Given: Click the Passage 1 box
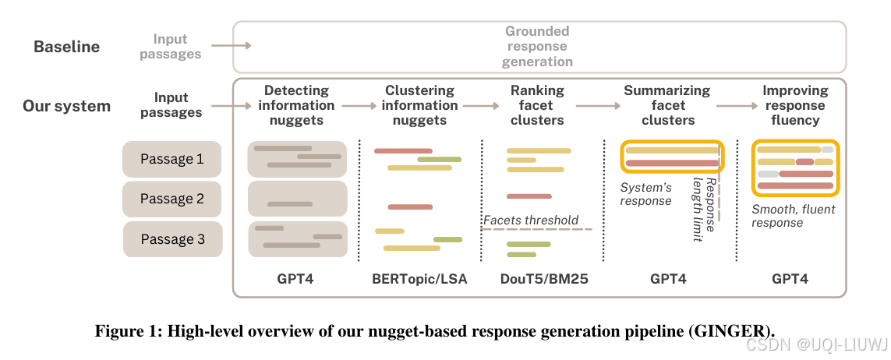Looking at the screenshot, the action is click(171, 159).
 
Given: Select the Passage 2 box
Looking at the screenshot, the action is click(171, 199).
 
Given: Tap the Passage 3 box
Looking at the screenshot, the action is click(173, 239).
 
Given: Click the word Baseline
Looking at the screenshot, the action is click(66, 47).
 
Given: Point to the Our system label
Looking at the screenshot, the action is click(66, 106).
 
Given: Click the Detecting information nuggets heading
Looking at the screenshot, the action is click(297, 105).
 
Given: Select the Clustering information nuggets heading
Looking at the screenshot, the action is click(420, 105).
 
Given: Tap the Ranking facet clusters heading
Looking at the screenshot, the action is click(537, 105).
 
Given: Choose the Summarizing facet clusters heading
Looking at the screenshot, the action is click(667, 105).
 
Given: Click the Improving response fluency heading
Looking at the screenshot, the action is click(796, 105).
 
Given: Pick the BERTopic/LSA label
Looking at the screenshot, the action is click(420, 279).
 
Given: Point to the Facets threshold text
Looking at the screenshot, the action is click(531, 221).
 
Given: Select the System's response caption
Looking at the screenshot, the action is click(645, 194).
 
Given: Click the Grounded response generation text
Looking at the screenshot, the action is click(537, 47).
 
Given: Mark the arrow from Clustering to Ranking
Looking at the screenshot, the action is click(481, 106).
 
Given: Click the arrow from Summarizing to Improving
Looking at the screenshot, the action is click(737, 106).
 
